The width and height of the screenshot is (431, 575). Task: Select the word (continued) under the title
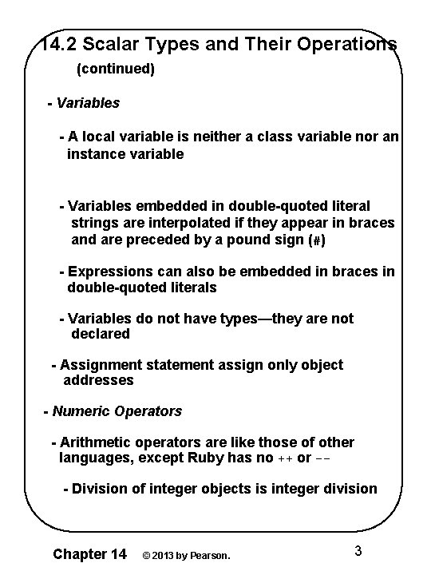pos(115,69)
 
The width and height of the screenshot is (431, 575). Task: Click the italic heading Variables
pos(88,103)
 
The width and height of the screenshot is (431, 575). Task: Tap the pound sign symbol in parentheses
pos(317,240)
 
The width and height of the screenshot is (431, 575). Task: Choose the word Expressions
pos(109,272)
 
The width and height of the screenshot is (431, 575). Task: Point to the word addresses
pos(98,380)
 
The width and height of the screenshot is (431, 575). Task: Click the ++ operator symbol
pos(285,458)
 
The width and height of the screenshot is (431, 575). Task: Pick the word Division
pos(100,489)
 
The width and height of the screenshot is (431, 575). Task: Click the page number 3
pos(358,551)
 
